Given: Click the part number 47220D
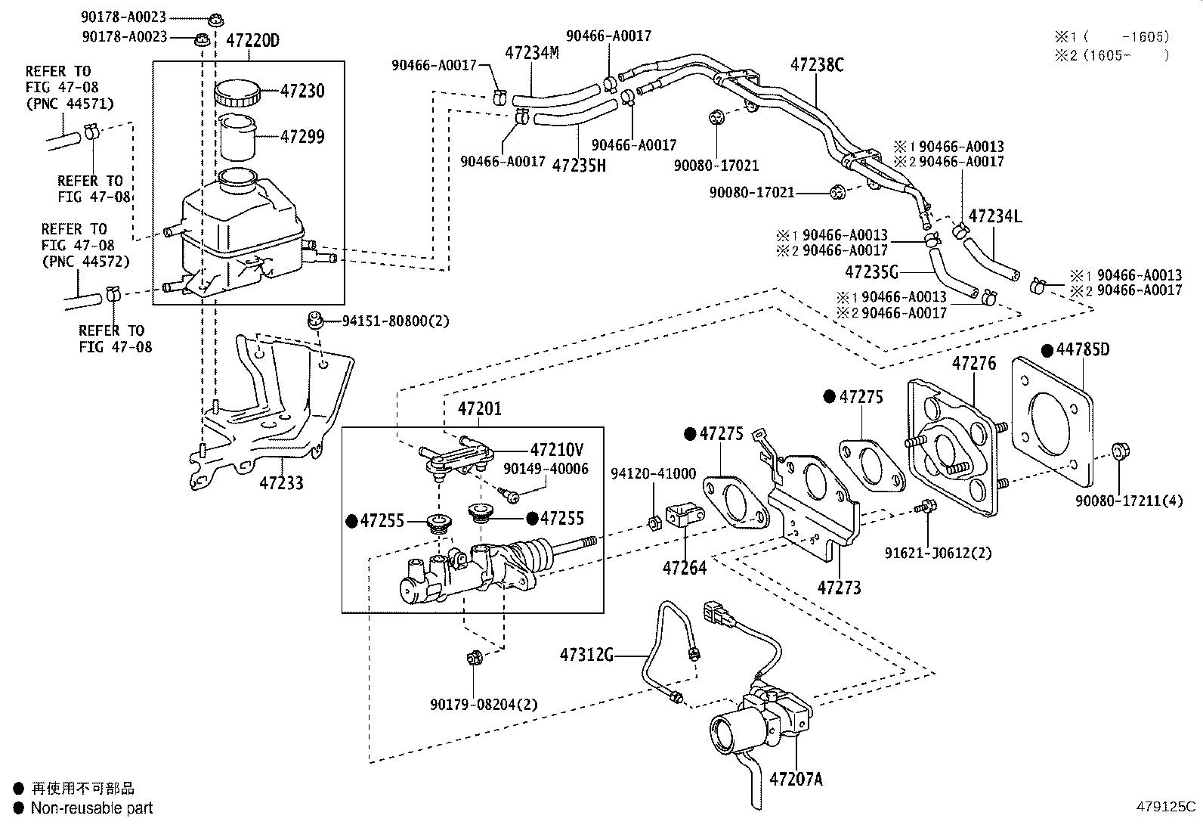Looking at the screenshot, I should click(x=252, y=40).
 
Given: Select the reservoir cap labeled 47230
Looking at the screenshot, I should click(x=237, y=95).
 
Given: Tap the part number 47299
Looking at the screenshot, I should click(x=302, y=137).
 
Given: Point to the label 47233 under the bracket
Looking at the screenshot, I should click(x=281, y=482).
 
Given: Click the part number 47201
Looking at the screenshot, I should click(x=479, y=409).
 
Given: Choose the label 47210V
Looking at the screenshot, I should click(x=556, y=449).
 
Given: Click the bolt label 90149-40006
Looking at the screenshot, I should click(x=546, y=470).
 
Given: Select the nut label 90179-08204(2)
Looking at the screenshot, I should click(x=484, y=704).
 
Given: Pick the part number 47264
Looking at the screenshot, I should click(x=685, y=567).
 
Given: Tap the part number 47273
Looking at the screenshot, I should click(x=839, y=587).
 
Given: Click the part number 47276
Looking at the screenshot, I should click(x=974, y=364).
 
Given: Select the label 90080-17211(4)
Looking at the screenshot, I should click(x=1129, y=500).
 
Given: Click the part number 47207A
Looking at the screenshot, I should click(x=796, y=778).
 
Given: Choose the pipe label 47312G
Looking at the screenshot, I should click(x=586, y=655).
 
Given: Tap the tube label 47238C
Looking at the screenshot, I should click(x=817, y=65).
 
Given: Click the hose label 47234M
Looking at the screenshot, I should click(x=532, y=53).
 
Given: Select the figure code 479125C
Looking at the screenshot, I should click(x=1167, y=806).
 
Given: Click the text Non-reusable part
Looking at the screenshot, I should click(x=91, y=808).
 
